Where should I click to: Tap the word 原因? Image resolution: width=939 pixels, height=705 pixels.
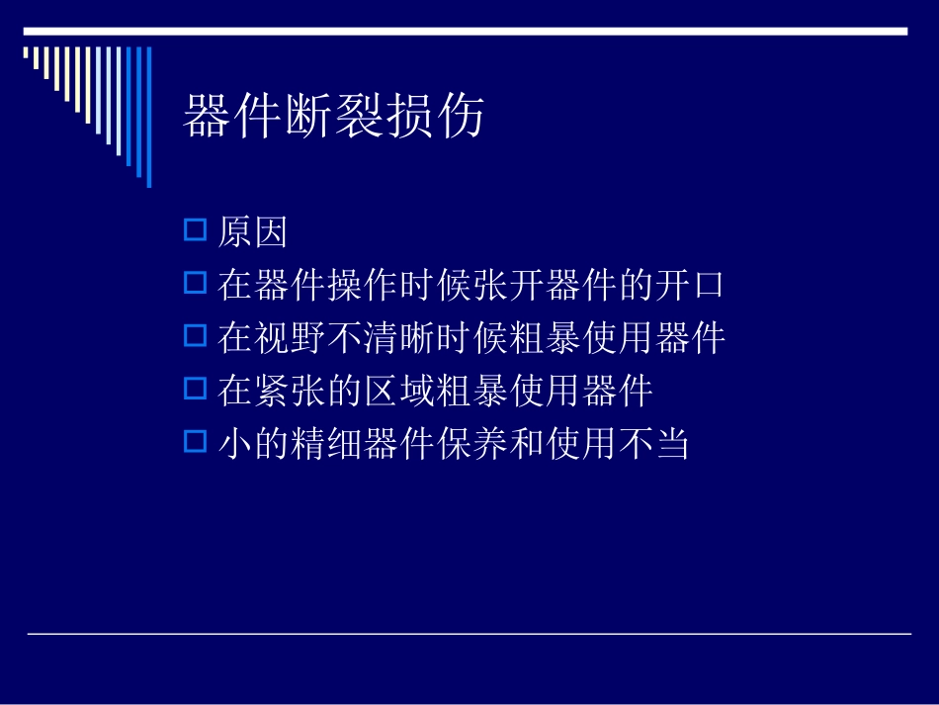pos(253,233)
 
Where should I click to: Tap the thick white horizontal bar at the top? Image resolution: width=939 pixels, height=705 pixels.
pos(465,32)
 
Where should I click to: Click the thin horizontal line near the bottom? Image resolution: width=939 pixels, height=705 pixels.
pos(469,634)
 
